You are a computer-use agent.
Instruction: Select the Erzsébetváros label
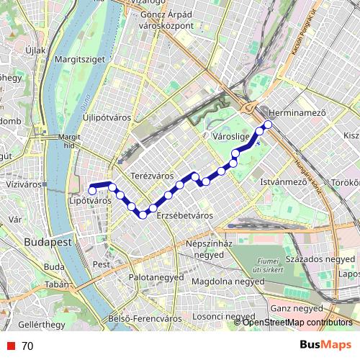pos(185,215)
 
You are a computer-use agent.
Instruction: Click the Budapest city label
pos(48,242)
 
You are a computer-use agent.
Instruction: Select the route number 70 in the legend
pos(27,346)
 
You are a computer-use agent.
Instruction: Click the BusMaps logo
pos(326,345)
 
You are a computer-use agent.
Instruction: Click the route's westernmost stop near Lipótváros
pos(92,189)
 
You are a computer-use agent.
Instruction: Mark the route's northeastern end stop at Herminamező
pos(268,125)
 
